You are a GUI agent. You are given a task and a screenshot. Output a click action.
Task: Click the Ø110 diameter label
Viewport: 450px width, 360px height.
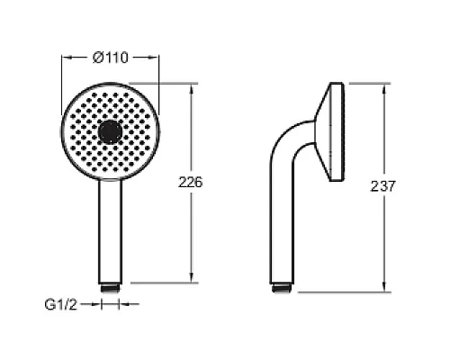pos(111,58)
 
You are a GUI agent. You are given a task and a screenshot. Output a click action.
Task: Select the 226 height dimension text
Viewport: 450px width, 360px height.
pos(191,182)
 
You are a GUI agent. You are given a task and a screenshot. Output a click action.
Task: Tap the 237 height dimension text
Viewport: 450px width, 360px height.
pos(383,186)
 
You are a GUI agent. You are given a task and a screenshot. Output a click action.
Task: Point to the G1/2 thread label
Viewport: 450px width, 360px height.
pos(61,305)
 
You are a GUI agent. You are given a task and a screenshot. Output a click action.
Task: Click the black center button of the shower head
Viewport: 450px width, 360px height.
pos(111,132)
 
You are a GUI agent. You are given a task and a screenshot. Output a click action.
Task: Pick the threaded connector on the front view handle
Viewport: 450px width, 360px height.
pos(111,288)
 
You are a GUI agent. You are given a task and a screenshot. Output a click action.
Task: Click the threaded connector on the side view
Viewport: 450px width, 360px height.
pos(282,288)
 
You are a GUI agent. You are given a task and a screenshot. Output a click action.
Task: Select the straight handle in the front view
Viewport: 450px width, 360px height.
pos(111,231)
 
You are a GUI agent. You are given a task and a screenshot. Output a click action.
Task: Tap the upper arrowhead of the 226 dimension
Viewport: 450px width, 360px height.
pos(192,88)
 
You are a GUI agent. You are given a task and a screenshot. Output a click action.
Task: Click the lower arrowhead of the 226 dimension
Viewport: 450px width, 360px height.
pos(192,277)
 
